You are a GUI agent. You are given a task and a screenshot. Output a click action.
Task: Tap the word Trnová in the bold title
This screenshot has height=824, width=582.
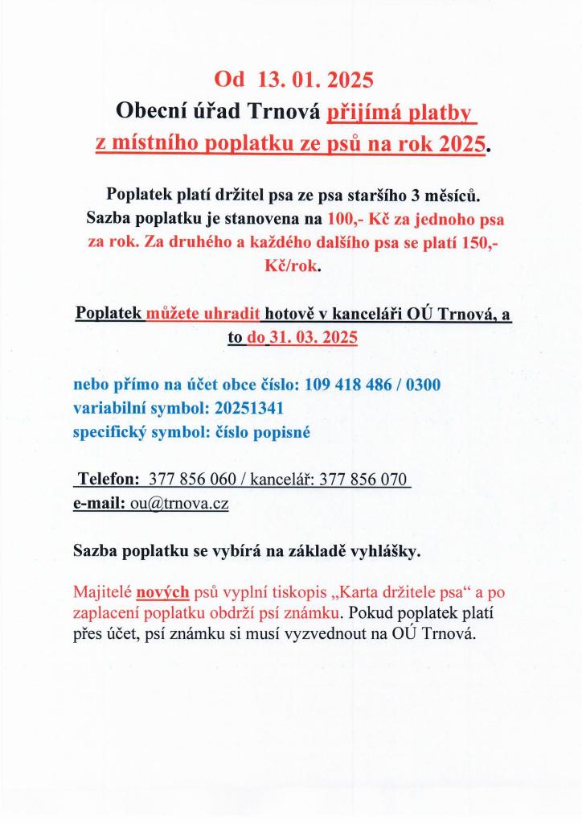285,111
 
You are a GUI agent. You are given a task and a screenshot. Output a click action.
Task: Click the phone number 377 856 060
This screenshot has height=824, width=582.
191,480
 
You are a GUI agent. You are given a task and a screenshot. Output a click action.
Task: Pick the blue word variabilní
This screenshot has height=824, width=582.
113,408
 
